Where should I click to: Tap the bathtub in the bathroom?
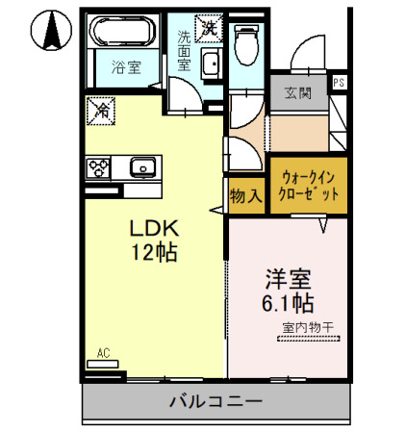coord(122,35)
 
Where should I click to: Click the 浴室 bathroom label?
coord(122,67)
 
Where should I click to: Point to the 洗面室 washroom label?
coord(184,48)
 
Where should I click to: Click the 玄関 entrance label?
coord(296,93)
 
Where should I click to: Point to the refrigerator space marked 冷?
coord(100,112)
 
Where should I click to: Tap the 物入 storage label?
coord(245,195)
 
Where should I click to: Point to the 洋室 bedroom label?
coord(288,280)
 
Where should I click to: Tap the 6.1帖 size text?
coord(288,304)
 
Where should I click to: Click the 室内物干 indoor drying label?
coord(307,329)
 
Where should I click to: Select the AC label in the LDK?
coord(104,354)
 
